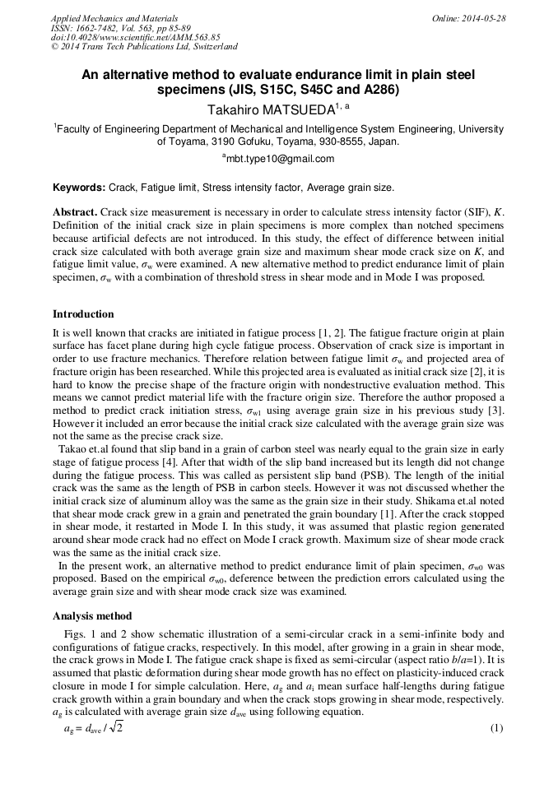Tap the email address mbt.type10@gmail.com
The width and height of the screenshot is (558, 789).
point(280,159)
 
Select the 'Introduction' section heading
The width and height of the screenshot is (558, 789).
point(83,314)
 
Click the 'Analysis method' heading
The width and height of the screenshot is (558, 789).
point(91,616)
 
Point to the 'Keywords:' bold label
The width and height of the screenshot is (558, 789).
point(79,188)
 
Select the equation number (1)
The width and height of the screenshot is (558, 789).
point(496,728)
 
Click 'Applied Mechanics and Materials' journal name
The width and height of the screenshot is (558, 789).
point(114,18)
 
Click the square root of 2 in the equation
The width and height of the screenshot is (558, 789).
point(116,729)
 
